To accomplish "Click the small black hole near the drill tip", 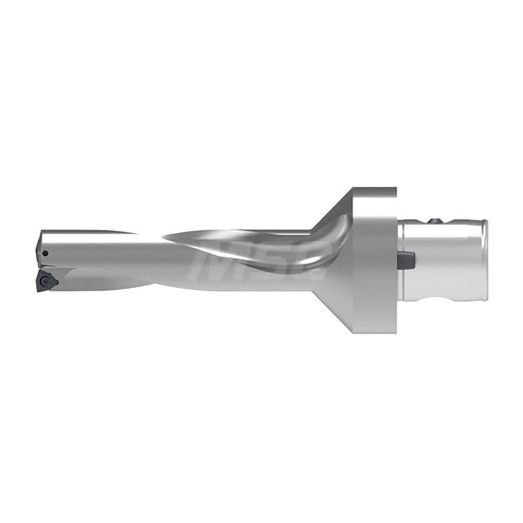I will [x=46, y=253].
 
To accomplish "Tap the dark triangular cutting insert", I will [x=46, y=280].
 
